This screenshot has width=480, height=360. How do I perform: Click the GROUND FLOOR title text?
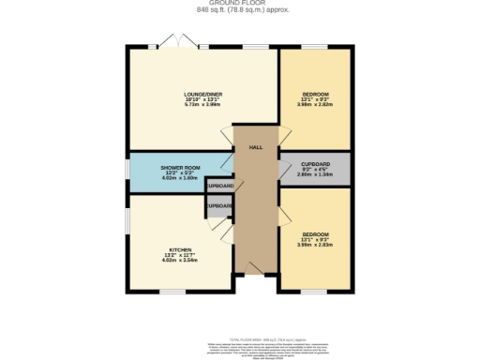click(x=239, y=4)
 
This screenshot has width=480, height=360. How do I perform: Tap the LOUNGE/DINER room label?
click(x=202, y=95)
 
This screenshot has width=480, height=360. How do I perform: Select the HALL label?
click(x=254, y=148)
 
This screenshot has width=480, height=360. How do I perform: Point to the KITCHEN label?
click(x=181, y=249)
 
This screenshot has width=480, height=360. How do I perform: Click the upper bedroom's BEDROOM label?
click(x=315, y=95)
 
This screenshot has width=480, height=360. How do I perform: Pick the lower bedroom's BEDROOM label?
click(x=315, y=233)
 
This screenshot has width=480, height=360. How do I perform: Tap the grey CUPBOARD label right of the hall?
click(x=315, y=163)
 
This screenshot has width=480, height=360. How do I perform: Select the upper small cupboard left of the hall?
click(x=219, y=186)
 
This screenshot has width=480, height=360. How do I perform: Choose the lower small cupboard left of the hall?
click(x=219, y=206)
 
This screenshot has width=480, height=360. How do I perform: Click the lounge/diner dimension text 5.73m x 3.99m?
click(x=202, y=105)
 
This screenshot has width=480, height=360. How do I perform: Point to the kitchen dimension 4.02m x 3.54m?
click(x=181, y=260)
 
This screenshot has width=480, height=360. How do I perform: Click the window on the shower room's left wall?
click(x=129, y=170)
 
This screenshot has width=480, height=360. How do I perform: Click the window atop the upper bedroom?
click(x=314, y=46)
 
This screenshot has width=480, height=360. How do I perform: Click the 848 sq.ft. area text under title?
click(x=239, y=11)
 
